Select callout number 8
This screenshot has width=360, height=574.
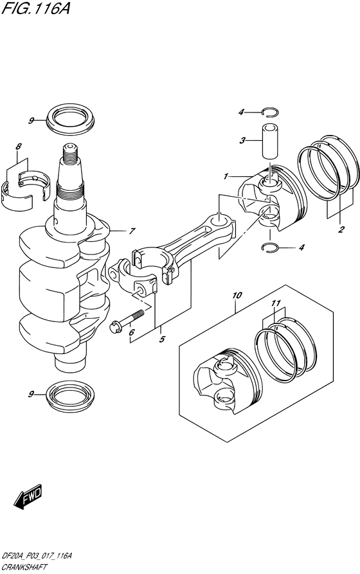(19, 147)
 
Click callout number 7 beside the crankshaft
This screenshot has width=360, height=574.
(131, 231)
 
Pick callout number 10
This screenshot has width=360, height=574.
(237, 295)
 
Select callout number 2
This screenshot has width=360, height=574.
(341, 229)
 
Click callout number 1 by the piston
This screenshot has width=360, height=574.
(226, 176)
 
